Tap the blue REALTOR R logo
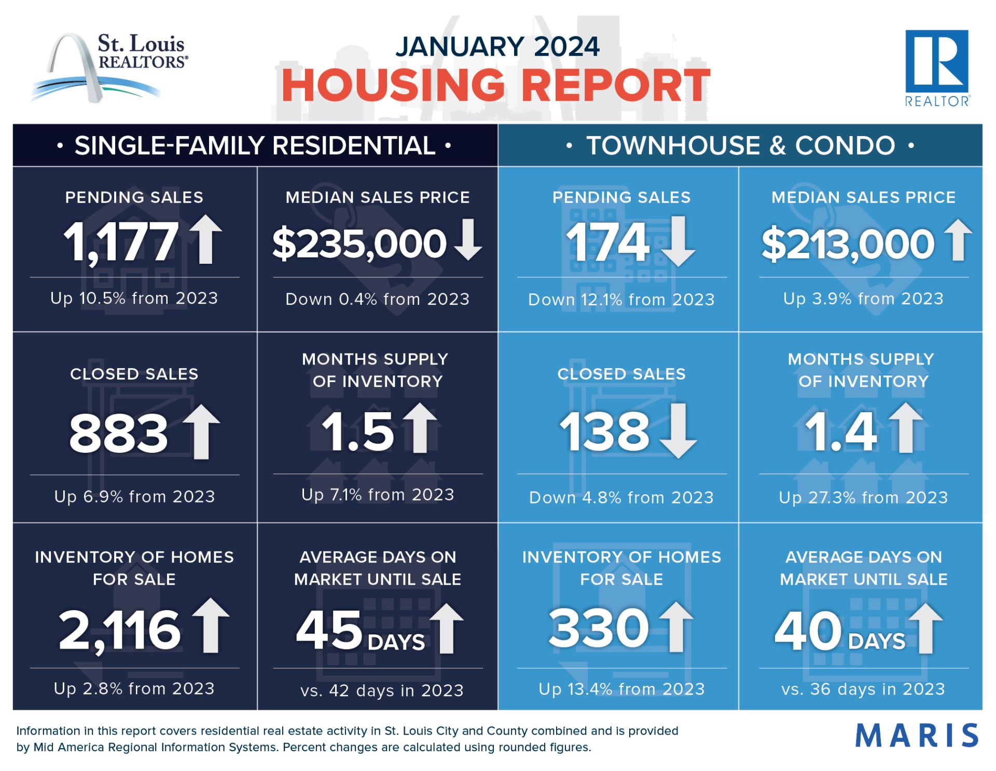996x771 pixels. coord(937,68)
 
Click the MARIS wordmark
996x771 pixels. coord(917,735)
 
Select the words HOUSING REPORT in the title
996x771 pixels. coord(495,85)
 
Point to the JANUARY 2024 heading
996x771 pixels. coord(497,46)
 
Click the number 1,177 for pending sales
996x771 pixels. coord(121,241)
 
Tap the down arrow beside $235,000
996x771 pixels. coord(468,239)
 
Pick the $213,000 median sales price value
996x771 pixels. coord(848,244)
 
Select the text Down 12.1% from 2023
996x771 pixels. coord(621,300)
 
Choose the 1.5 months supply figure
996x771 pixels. coord(358,432)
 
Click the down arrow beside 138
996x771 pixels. coord(678,430)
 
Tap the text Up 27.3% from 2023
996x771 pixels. coord(863,497)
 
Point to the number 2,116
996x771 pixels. coord(120,630)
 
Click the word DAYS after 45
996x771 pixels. coord(396,642)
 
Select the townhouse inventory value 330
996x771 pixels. coord(599,628)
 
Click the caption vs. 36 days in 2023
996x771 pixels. coord(863,689)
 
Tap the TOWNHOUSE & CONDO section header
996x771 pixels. coord(741,145)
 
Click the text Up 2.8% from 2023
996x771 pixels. coord(134,688)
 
